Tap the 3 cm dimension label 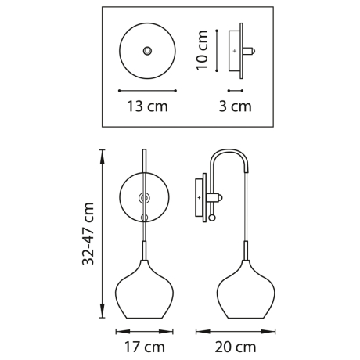pos(235,106)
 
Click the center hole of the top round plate pos(146,51)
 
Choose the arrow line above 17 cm pos(144,330)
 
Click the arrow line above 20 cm pos(236,330)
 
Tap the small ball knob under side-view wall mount pos(211,218)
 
